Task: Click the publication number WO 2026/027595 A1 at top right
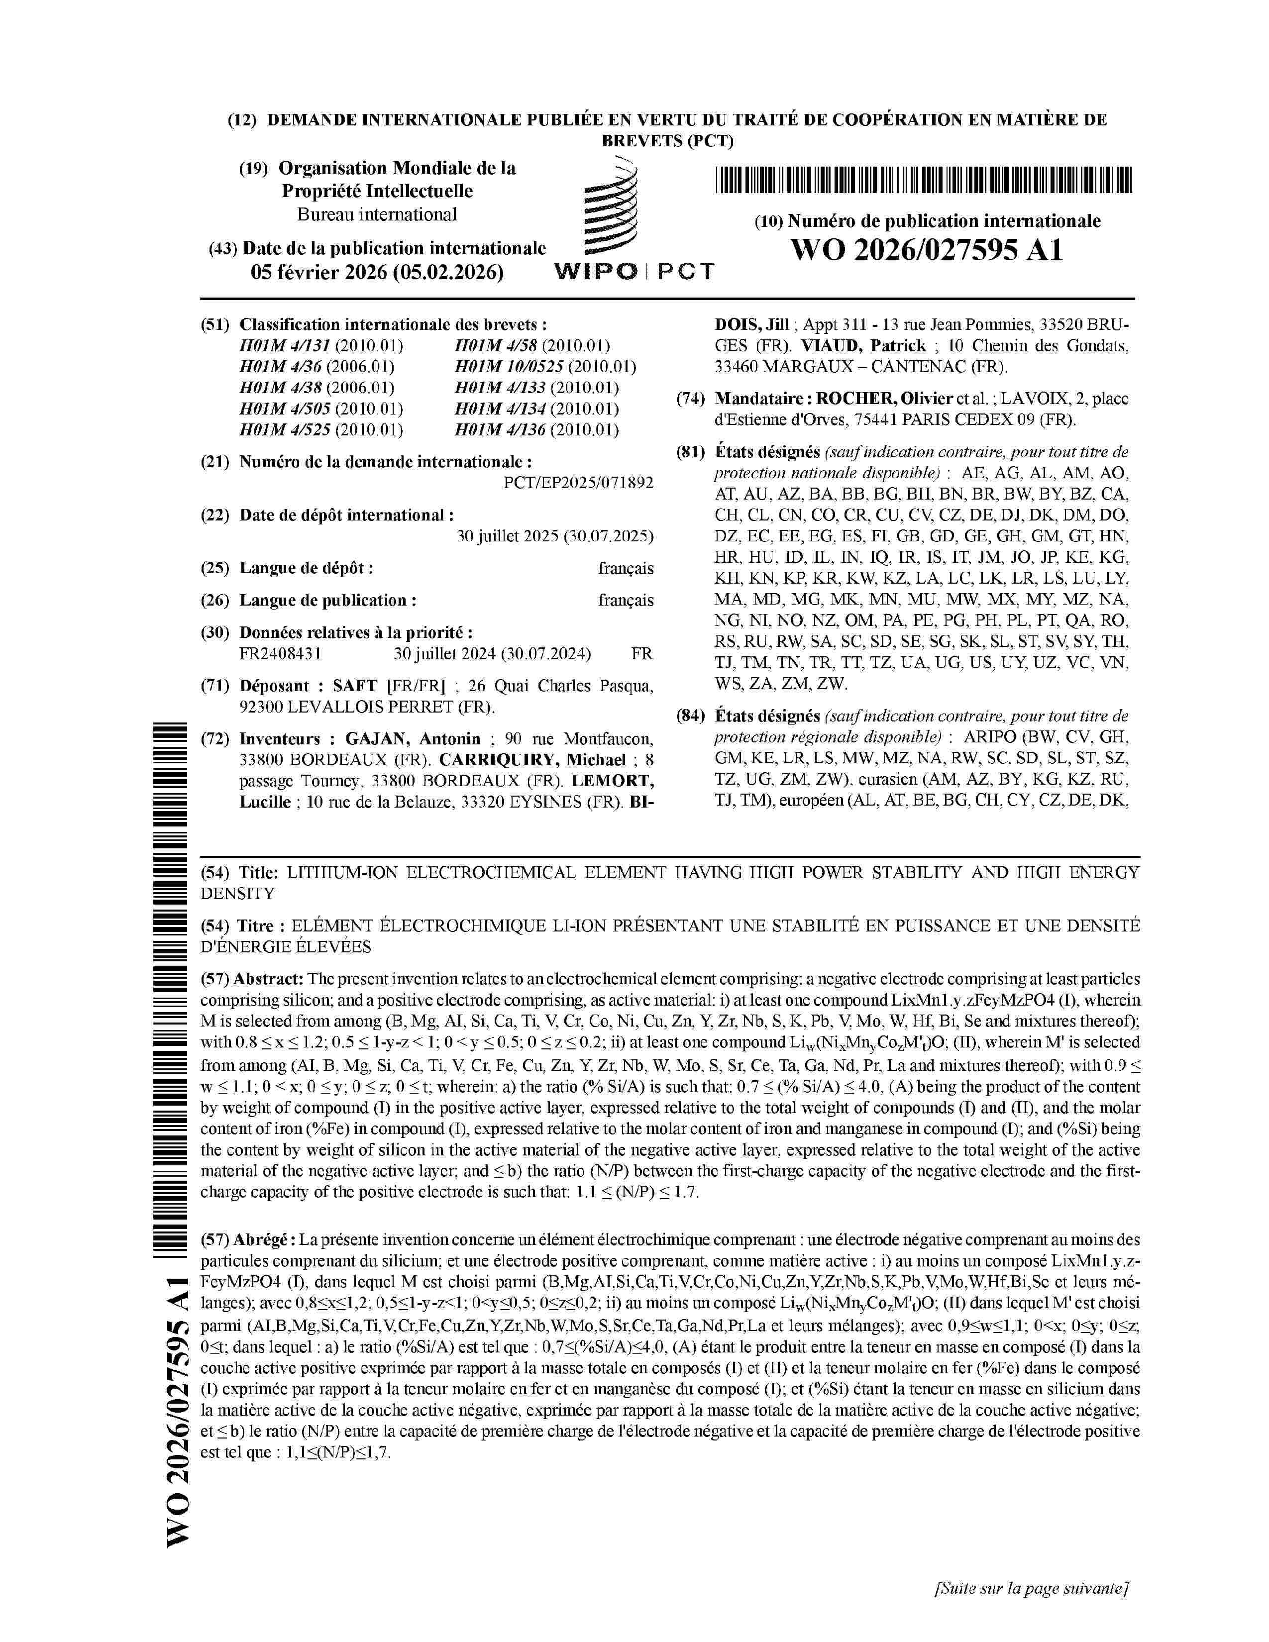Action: pyautogui.click(x=926, y=250)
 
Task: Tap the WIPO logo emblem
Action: pyautogui.click(x=611, y=208)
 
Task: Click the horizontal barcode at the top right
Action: pyautogui.click(x=923, y=181)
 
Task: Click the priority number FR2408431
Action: pyautogui.click(x=280, y=653)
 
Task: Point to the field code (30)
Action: pyautogui.click(x=214, y=632)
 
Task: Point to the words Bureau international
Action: pyautogui.click(x=377, y=214)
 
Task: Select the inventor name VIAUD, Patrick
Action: pyautogui.click(x=862, y=346)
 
